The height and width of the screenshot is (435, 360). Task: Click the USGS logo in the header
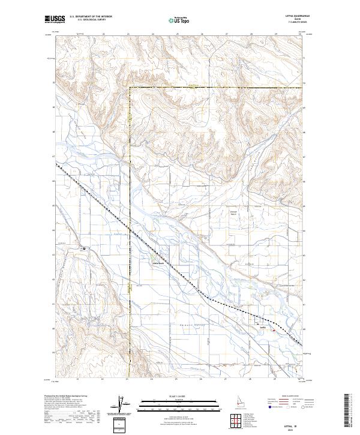pos(55,19)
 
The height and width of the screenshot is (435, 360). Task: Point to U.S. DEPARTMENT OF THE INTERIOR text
pos(91,17)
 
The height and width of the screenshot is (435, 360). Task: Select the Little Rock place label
pos(156,262)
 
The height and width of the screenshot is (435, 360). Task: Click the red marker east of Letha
pos(274,329)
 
